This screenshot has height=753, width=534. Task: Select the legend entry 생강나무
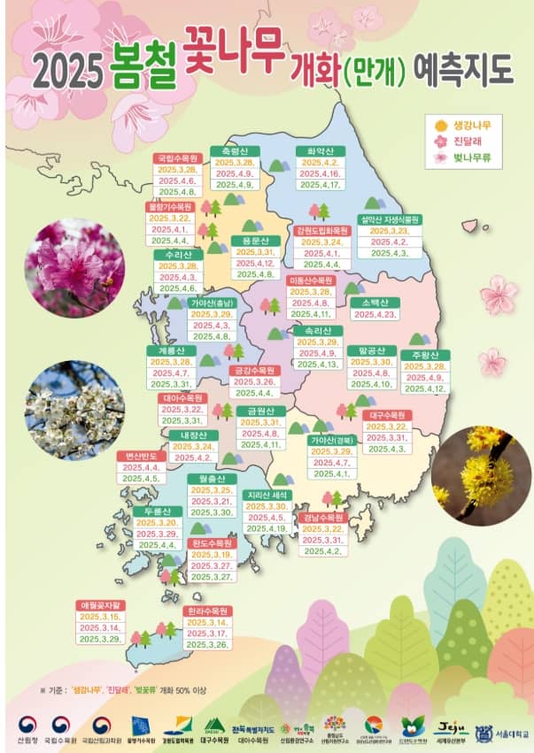coord(471,125)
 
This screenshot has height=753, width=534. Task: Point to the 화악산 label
coord(319,151)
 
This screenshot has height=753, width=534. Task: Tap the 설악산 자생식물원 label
coord(390,219)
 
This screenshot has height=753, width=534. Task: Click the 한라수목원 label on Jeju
coord(208,611)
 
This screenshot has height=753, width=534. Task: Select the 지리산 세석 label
coord(269,495)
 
